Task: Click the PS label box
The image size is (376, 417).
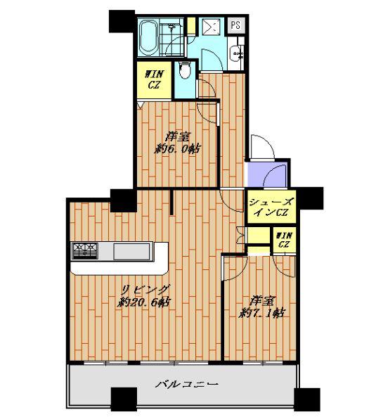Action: pos(235,25)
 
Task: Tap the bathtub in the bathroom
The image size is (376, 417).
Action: pos(149,37)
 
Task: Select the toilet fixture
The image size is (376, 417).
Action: pos(184,70)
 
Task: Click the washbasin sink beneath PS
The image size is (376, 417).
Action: pos(238,54)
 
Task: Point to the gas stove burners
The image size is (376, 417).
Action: pos(85,251)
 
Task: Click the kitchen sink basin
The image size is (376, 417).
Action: pos(131,252)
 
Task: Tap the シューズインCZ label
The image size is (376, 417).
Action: pos(271,207)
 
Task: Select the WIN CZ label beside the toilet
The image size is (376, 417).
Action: pos(154,79)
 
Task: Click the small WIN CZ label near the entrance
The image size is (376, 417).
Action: pos(285,240)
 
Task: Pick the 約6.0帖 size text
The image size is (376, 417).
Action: pos(177,149)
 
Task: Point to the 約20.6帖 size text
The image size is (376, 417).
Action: pos(144,302)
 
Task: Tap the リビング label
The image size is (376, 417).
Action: pos(145,289)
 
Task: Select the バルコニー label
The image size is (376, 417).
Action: pos(187,384)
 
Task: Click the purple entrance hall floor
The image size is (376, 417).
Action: pos(266,174)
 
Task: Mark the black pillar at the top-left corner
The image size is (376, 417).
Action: pos(122,21)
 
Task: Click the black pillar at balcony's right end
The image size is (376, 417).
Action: pos(307,399)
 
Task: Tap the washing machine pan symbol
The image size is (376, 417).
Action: pos(211,27)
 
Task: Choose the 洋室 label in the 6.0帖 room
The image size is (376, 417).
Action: pos(178,137)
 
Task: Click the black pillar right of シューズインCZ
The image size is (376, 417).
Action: pos(310,198)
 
